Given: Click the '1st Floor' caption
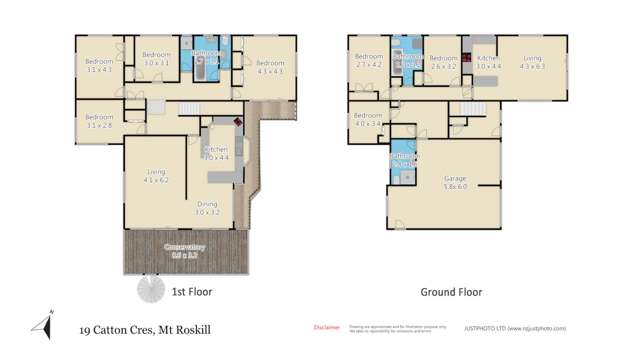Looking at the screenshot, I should [190, 292].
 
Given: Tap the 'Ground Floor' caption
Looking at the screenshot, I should [451, 292].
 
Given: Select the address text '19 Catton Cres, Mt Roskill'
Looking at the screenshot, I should [145, 329].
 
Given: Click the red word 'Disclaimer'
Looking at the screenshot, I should [327, 327].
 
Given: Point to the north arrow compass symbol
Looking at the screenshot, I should [42, 326].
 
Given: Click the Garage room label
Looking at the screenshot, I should [455, 183].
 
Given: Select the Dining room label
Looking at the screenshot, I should [207, 208].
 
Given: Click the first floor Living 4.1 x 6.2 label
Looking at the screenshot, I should [156, 176].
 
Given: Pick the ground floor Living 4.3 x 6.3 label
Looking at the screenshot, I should [532, 62].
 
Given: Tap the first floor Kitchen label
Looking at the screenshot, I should [217, 153].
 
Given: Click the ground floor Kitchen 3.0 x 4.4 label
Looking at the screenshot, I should [487, 62].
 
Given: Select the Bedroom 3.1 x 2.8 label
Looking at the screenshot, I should [99, 120].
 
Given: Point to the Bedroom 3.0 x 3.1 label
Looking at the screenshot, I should [156, 58].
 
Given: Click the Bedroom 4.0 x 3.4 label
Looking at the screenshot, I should [367, 120].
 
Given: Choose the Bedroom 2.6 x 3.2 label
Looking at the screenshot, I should [443, 62].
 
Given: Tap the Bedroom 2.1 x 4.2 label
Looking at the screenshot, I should [368, 62].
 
